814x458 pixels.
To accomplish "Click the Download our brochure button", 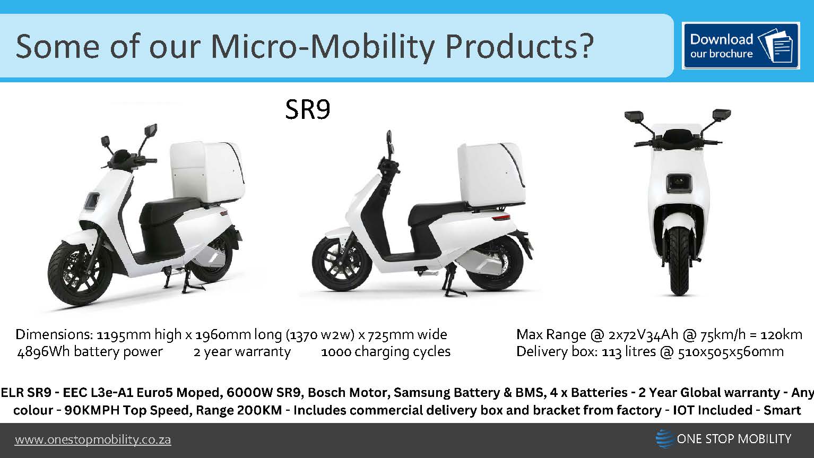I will point(741,46).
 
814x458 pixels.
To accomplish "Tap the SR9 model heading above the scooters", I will point(308,109).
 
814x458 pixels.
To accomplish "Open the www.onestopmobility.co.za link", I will point(93,440).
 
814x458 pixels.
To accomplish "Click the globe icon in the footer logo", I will point(664,439).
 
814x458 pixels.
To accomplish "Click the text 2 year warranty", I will point(242,352).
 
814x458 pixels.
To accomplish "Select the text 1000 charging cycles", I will point(386,352).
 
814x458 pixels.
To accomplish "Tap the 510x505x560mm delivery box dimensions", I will point(731,352).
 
